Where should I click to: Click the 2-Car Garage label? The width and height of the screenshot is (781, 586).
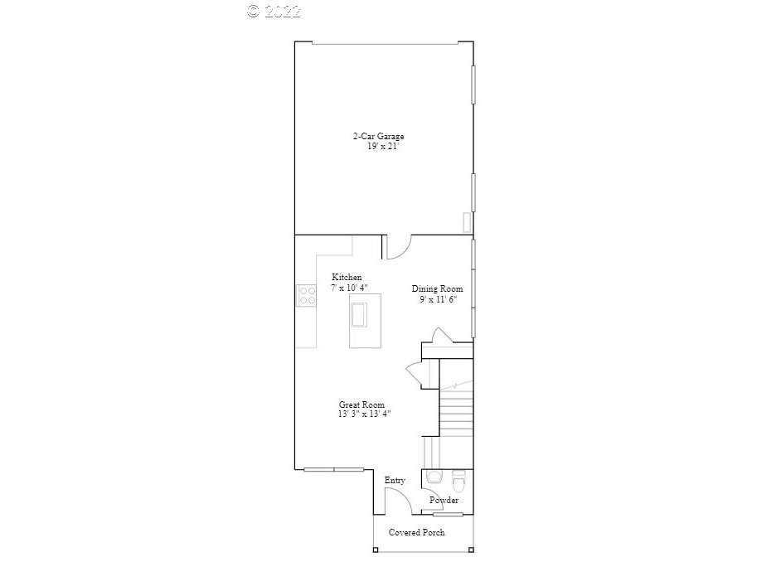point(378,136)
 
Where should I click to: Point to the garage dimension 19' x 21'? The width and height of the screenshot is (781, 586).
point(385,147)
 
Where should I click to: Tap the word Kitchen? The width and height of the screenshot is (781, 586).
point(347,277)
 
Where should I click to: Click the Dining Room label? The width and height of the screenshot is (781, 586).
point(438,289)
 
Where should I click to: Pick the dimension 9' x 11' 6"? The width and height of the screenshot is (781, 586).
point(438,299)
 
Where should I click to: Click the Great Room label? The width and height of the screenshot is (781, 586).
point(361,404)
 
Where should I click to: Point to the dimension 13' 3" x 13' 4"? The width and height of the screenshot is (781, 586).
point(364,414)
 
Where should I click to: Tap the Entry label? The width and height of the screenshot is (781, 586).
point(395,481)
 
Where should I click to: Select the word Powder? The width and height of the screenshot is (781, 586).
point(444,500)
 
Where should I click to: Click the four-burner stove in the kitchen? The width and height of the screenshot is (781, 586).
point(306,295)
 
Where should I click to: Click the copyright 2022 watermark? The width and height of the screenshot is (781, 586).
point(274,11)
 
